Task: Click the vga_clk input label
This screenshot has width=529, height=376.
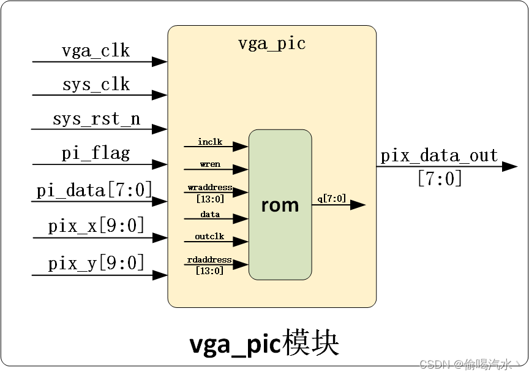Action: click(96, 50)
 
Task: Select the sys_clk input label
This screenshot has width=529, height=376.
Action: click(96, 84)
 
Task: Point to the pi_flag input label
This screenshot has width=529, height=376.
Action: click(96, 153)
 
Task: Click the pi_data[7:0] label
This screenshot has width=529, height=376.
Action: click(94, 190)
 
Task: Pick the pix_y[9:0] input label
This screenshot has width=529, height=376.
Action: click(96, 263)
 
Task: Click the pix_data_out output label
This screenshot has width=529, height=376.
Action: click(439, 156)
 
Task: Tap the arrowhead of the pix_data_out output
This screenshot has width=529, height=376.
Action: click(509, 167)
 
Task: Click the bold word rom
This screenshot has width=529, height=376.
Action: click(280, 205)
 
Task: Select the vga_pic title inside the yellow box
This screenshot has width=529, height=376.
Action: click(271, 44)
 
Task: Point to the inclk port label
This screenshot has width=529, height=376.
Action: click(210, 142)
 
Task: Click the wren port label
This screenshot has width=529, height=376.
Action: click(210, 164)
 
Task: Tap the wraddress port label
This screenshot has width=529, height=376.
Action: click(210, 187)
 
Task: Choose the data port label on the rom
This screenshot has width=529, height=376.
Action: click(210, 214)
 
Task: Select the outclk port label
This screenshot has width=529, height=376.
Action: click(210, 236)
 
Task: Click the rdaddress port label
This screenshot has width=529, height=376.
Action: click(210, 260)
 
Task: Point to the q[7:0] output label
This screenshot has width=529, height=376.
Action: click(331, 198)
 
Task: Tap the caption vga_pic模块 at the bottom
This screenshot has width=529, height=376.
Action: click(264, 345)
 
